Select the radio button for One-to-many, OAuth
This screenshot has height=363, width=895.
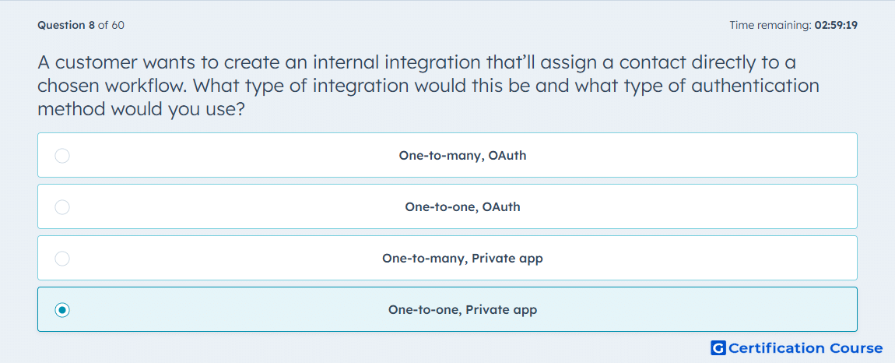pos(62,156)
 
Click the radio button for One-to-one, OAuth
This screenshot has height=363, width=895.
pos(62,207)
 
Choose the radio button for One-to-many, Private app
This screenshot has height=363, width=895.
pos(62,259)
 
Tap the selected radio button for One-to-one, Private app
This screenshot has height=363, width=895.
pos(62,310)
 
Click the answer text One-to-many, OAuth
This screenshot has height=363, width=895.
pos(462,156)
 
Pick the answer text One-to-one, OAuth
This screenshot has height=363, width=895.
pos(462,207)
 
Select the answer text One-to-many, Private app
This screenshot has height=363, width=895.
pos(462,259)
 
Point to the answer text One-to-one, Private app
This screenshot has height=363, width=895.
pos(462,310)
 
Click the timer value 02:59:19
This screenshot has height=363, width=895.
pos(836,25)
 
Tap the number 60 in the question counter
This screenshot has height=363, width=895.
pos(118,25)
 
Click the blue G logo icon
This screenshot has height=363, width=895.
pos(718,347)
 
